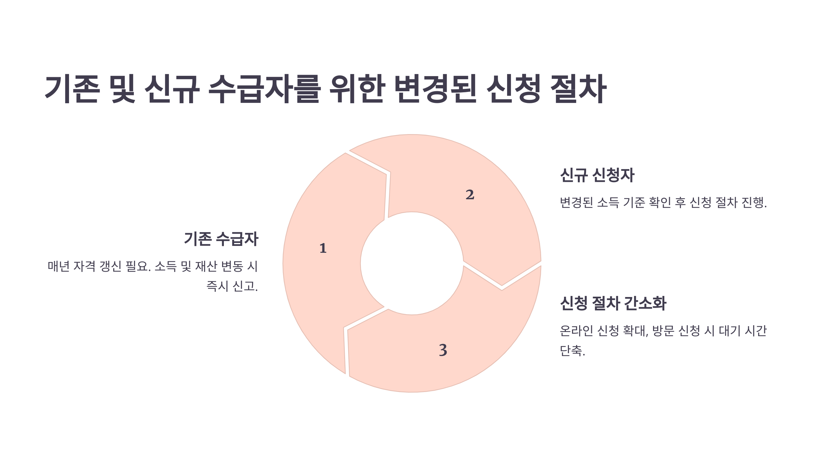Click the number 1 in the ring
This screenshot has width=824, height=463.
point(323,248)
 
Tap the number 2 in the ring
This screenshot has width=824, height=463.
point(470,195)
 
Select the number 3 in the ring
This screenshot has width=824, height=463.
point(443,350)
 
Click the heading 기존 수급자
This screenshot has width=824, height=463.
point(221,239)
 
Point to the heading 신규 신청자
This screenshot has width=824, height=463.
point(597,175)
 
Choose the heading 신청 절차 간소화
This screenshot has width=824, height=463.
point(613,304)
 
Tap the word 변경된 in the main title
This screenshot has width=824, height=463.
point(435,89)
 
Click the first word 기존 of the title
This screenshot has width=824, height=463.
point(72,89)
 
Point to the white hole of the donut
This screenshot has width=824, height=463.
point(412,263)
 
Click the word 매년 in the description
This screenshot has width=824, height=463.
point(59,266)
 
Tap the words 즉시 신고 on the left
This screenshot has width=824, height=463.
point(231,286)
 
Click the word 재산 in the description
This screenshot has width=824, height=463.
point(206,266)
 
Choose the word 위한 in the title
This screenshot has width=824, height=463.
point(357,89)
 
